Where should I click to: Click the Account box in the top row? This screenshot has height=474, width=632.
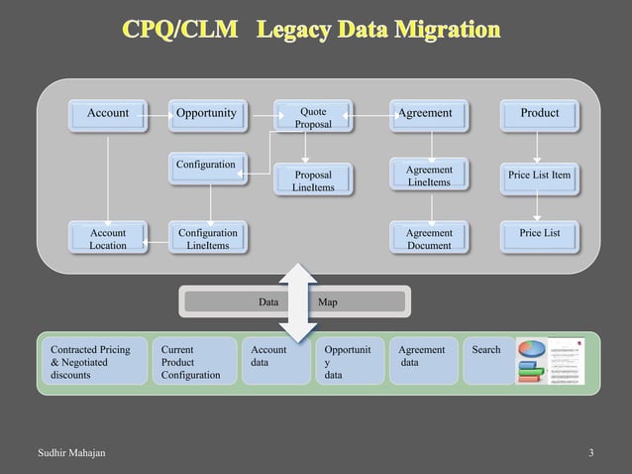click(x=107, y=114)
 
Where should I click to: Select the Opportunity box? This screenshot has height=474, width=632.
click(x=206, y=114)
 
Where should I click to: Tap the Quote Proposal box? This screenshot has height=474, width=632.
click(x=313, y=119)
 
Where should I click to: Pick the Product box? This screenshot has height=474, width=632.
click(x=540, y=114)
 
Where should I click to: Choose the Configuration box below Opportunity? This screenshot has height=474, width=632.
click(x=206, y=164)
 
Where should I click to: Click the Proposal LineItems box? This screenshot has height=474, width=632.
click(x=313, y=180)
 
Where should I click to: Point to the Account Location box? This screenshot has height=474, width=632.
click(x=107, y=239)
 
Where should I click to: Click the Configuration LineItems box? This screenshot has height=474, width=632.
click(x=207, y=239)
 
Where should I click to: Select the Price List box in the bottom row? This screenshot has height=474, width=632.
click(x=540, y=234)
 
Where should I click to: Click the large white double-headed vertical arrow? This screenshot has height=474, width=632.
click(x=298, y=301)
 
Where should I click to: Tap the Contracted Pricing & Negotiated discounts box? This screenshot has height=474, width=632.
click(x=91, y=363)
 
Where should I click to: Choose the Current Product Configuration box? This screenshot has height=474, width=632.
click(x=192, y=363)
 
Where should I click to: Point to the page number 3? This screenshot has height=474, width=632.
click(x=591, y=454)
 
